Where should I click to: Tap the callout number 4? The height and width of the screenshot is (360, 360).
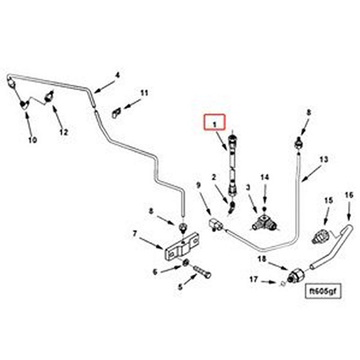(117, 75)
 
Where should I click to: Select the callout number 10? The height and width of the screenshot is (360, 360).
(32, 140)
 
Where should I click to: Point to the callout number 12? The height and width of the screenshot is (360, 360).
(63, 132)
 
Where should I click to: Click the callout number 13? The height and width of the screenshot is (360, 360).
(324, 159)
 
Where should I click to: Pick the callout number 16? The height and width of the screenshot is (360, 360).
(349, 195)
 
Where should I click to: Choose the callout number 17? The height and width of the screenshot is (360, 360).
(254, 280)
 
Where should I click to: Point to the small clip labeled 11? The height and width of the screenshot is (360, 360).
(116, 112)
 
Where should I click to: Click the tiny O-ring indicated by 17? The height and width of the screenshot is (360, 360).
(281, 283)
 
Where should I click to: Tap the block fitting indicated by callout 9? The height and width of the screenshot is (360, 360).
(216, 223)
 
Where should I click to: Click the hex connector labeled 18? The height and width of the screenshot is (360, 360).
(296, 275)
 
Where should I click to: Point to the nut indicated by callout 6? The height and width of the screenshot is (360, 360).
(185, 262)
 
